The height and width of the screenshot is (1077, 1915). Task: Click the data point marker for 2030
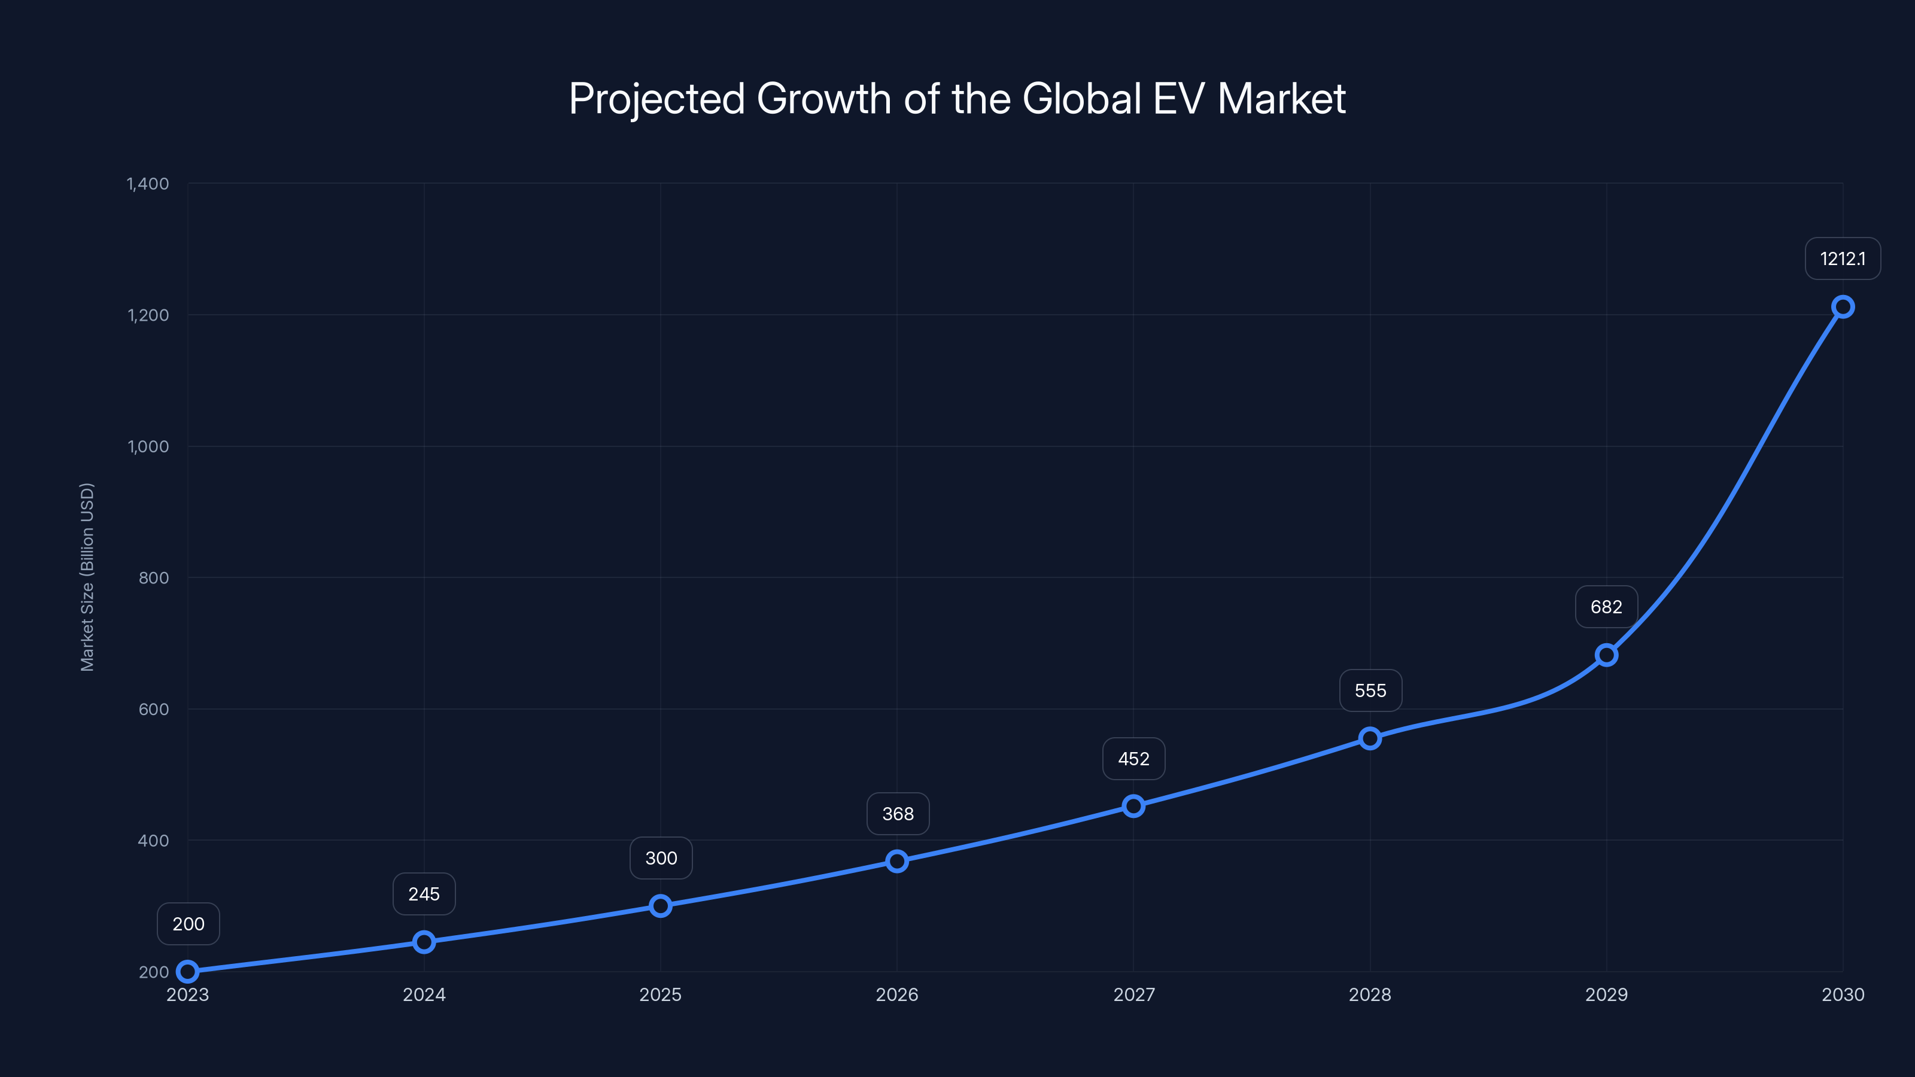click(1842, 307)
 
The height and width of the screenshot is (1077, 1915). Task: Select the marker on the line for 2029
click(1606, 655)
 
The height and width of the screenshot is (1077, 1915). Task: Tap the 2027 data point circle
click(1133, 806)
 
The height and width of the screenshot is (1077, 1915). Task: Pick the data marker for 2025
click(660, 905)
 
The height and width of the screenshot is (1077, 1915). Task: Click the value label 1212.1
click(1842, 258)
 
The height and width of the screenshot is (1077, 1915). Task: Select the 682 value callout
click(1606, 607)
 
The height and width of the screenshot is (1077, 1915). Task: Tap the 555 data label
click(1370, 690)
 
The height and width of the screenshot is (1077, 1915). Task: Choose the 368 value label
click(897, 814)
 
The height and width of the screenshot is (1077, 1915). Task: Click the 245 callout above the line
click(424, 894)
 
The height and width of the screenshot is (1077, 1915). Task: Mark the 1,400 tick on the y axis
click(148, 184)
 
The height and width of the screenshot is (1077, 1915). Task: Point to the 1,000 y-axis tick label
click(148, 447)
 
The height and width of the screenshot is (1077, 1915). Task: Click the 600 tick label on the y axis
click(153, 709)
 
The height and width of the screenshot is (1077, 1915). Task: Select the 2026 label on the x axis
click(896, 994)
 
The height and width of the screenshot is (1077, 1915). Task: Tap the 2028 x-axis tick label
click(1369, 994)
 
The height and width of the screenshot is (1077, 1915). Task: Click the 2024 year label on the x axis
click(424, 994)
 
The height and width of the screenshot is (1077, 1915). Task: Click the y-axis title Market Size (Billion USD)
click(87, 577)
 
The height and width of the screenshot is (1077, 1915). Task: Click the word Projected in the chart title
click(656, 99)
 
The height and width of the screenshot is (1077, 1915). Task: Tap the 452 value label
click(1133, 759)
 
